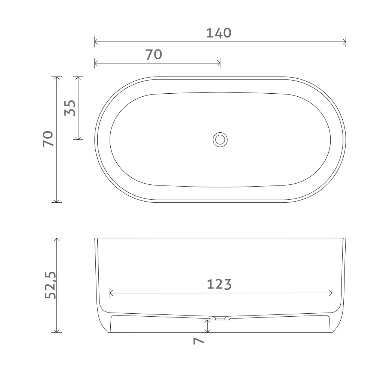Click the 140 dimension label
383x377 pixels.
coord(218,33)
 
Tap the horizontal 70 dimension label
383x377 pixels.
coord(154,54)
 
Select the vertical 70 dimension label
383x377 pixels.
coord(48,139)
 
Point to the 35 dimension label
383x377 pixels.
coord(70,108)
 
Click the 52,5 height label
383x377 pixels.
coord(50,285)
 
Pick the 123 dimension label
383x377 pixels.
coord(219,284)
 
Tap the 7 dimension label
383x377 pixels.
coord(199,341)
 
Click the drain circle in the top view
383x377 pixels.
coord(220,140)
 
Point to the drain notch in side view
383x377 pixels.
coord(220,318)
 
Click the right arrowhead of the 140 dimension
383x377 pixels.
coord(344,42)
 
